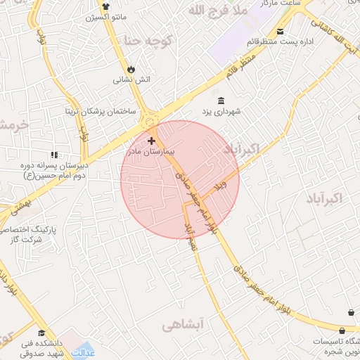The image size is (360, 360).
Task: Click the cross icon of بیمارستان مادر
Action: point(151,141)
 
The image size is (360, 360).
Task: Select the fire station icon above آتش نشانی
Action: point(131,68)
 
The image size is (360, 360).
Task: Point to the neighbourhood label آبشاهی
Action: point(182,325)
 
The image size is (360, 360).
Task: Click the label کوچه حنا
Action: point(147,39)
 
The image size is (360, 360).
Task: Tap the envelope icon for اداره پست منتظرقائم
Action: point(281,32)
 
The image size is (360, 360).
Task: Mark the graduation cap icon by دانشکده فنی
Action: point(41,333)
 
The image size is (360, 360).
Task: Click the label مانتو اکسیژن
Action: point(106,16)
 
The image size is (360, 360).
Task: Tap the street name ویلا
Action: point(222,186)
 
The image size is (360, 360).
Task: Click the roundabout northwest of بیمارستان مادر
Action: point(150,122)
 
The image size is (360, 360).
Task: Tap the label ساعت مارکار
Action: point(281,5)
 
